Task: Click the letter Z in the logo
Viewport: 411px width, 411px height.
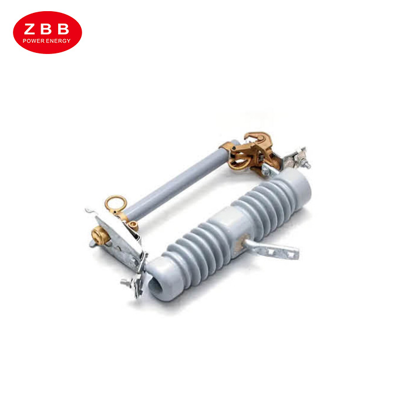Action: [29, 29]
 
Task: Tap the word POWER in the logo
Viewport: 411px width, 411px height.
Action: [33, 41]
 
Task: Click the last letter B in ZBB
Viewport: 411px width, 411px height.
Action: [63, 29]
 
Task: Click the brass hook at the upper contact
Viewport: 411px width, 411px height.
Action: [258, 137]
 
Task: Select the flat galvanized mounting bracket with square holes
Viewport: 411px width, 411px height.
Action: [272, 250]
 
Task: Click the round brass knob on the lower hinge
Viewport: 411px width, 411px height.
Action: [100, 236]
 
